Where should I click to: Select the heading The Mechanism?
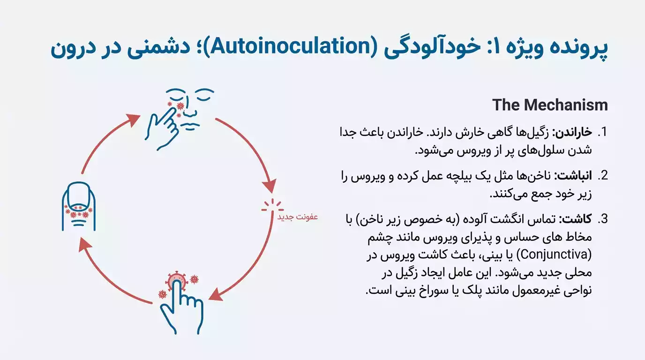(550, 105)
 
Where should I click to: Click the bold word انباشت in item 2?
(577, 176)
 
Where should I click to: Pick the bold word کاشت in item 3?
(580, 220)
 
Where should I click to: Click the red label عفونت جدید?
(298, 217)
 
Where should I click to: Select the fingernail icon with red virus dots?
(78, 206)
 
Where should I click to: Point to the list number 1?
(603, 133)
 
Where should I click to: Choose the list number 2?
(603, 176)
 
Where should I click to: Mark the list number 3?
(603, 220)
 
